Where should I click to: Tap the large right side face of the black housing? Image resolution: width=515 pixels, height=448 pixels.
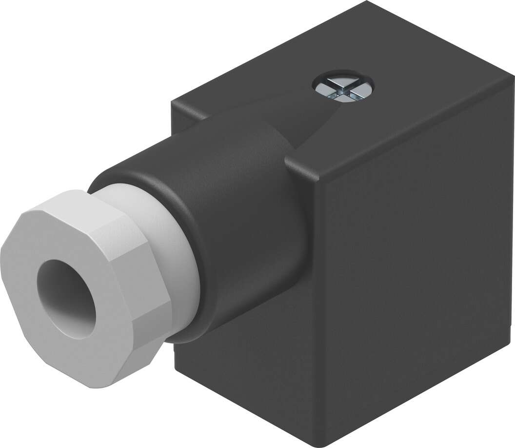[415, 273]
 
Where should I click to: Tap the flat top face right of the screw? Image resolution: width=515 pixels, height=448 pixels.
[429, 98]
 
